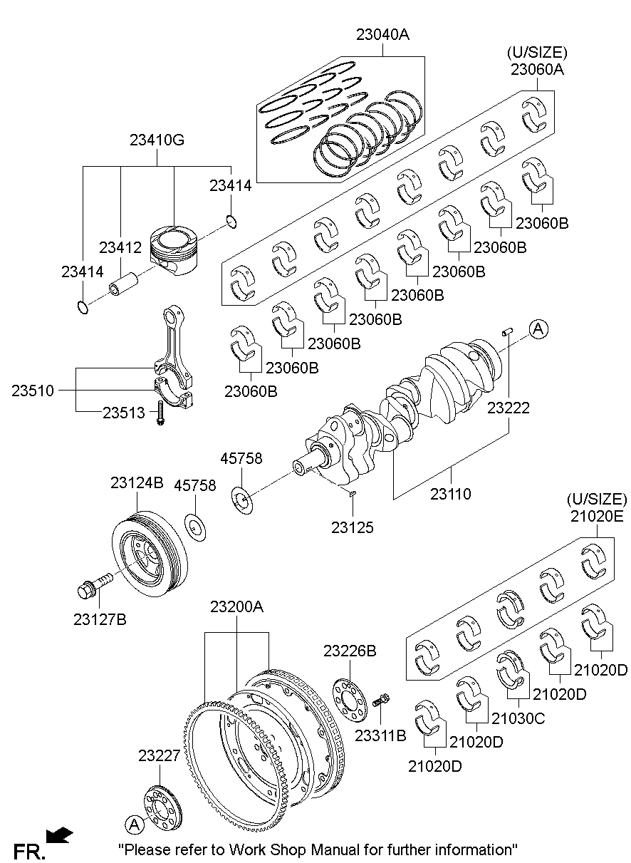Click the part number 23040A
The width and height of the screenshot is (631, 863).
coord(382,34)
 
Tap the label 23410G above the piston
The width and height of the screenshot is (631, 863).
coord(157,140)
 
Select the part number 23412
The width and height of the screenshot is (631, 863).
coord(120,247)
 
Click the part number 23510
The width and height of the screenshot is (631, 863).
coord(32,390)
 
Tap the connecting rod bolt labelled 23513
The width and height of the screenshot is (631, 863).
coord(161,413)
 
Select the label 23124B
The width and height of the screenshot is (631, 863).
coord(137,482)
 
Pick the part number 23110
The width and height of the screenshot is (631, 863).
coord(450,493)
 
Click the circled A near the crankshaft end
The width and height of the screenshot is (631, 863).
coord(538,328)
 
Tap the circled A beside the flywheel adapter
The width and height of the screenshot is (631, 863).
coord(133,824)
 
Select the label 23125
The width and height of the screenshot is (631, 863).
coord(352,527)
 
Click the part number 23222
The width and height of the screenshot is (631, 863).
coord(509,408)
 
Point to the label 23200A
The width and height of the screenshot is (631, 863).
coord(236,607)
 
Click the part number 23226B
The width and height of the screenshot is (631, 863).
coord(350,651)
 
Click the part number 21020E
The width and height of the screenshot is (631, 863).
coord(597,516)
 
